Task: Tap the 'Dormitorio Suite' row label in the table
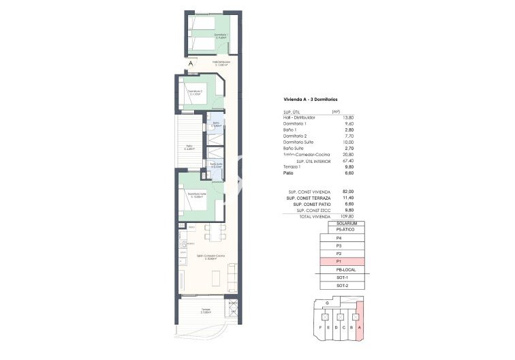[x=300, y=142]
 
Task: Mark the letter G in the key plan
[x=328, y=302]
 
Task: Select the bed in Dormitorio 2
[x=196, y=95]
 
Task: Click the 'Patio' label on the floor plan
[x=191, y=146]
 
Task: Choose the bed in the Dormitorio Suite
[x=196, y=202]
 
